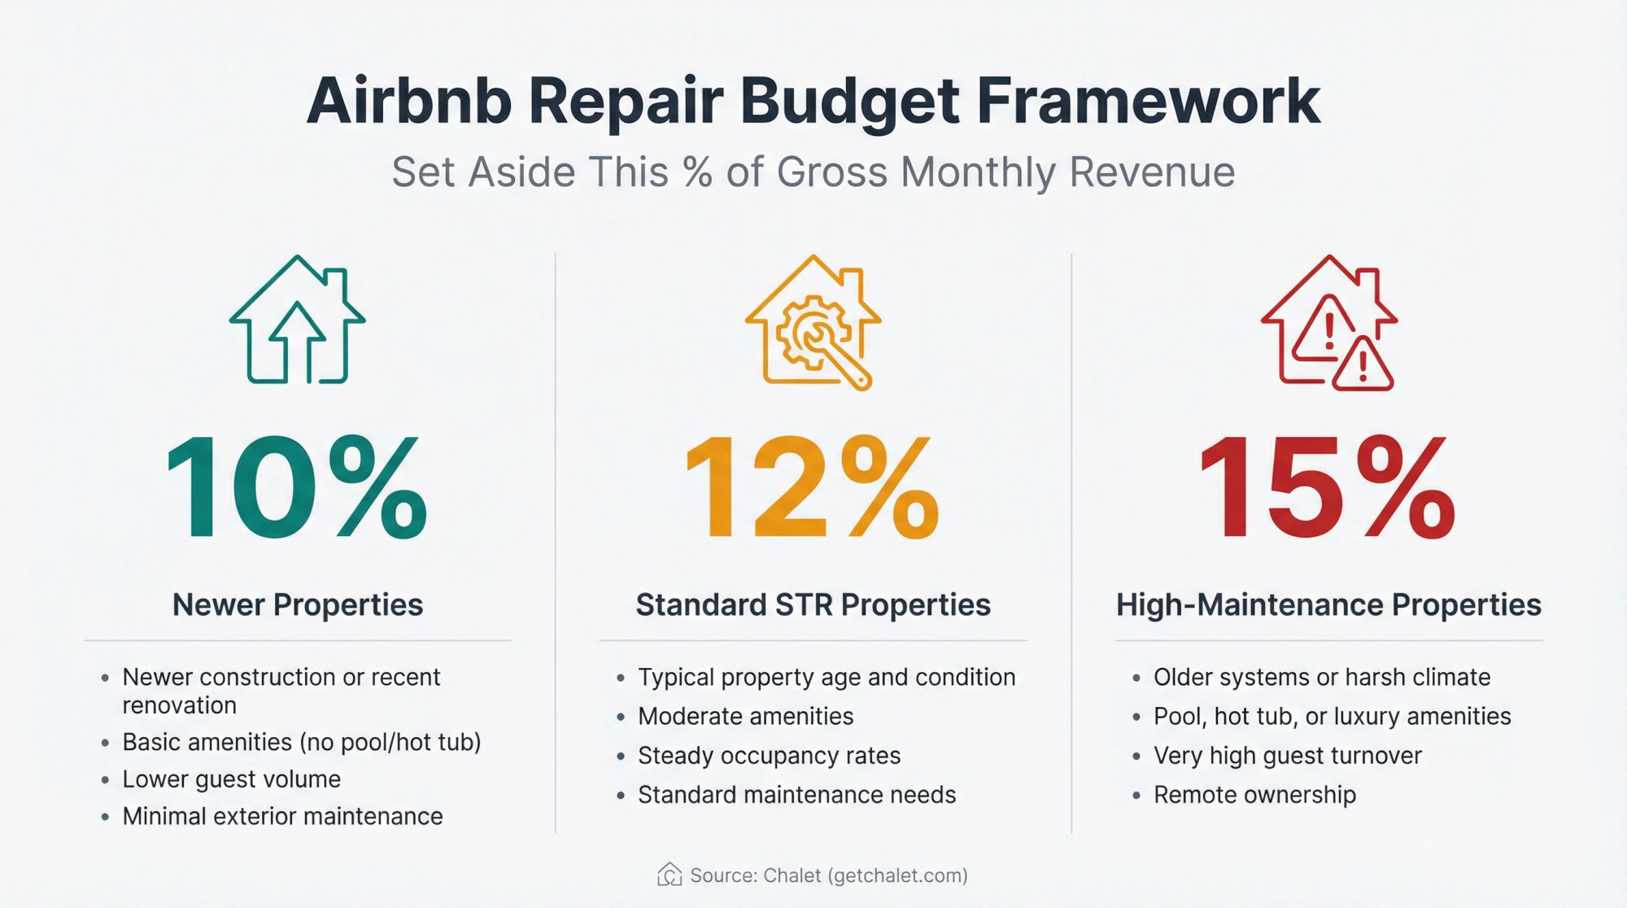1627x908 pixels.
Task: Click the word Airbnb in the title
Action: click(x=409, y=102)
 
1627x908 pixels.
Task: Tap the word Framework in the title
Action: click(x=1148, y=102)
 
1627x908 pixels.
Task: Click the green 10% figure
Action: click(x=297, y=488)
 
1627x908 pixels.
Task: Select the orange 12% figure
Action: click(x=813, y=488)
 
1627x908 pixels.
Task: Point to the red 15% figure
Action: click(x=1328, y=488)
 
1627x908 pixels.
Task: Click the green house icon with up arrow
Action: click(x=298, y=321)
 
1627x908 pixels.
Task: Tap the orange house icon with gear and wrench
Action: click(x=813, y=322)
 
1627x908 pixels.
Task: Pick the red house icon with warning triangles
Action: click(x=1329, y=322)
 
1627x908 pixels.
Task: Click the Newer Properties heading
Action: click(x=298, y=605)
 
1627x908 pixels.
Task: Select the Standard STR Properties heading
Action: click(x=813, y=605)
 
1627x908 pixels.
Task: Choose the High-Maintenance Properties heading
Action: click(x=1328, y=605)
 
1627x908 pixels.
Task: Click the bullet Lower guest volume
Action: click(x=231, y=779)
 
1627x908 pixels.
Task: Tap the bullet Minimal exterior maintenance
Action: click(x=282, y=816)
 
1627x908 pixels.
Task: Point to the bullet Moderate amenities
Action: click(x=745, y=716)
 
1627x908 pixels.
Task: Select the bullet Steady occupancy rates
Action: click(x=769, y=755)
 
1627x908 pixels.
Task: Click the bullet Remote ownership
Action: click(x=1254, y=794)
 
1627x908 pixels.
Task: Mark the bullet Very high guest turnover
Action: click(x=1287, y=755)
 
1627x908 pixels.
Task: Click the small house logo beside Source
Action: click(x=670, y=875)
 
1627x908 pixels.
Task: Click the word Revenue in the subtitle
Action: click(x=1152, y=172)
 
